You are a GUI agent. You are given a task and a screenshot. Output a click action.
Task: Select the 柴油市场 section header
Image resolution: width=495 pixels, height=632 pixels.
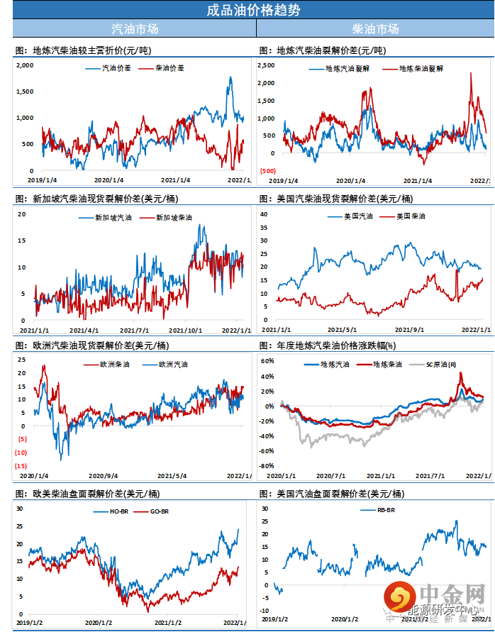click(375, 29)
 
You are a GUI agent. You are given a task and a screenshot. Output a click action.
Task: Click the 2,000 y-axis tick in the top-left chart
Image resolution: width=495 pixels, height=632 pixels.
click(26, 65)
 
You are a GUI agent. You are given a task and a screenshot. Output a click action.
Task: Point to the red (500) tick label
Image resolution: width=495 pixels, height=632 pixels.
click(268, 170)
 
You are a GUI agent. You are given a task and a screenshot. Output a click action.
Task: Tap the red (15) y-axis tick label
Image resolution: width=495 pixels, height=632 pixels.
click(21, 465)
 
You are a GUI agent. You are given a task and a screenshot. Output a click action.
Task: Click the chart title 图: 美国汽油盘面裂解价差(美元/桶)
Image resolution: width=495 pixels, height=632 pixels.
click(332, 494)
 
